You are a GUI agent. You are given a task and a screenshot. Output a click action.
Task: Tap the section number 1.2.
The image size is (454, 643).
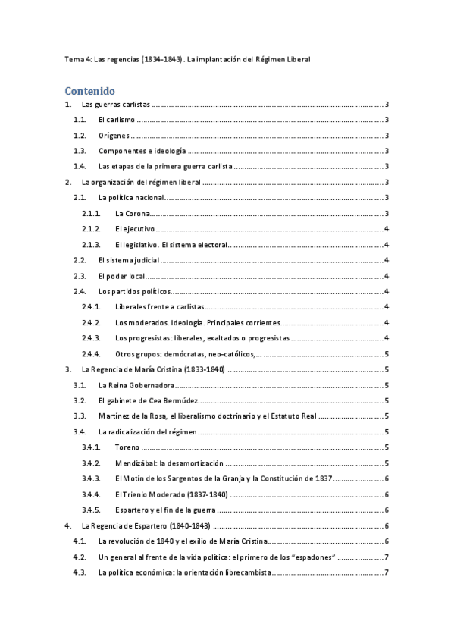(80, 136)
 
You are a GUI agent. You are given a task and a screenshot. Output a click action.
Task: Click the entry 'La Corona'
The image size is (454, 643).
(133, 214)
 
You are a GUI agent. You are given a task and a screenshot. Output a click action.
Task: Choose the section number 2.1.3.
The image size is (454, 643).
(91, 245)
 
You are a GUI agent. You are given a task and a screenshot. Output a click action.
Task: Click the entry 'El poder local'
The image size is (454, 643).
(121, 277)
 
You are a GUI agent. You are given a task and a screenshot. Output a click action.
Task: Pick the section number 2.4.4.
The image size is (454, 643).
(91, 354)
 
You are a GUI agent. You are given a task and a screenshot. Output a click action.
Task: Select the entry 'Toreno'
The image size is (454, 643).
(128, 447)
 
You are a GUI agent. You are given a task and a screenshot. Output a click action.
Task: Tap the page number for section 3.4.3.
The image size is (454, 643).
(387, 478)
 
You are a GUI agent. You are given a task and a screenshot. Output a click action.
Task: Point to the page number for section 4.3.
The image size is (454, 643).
(387, 572)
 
